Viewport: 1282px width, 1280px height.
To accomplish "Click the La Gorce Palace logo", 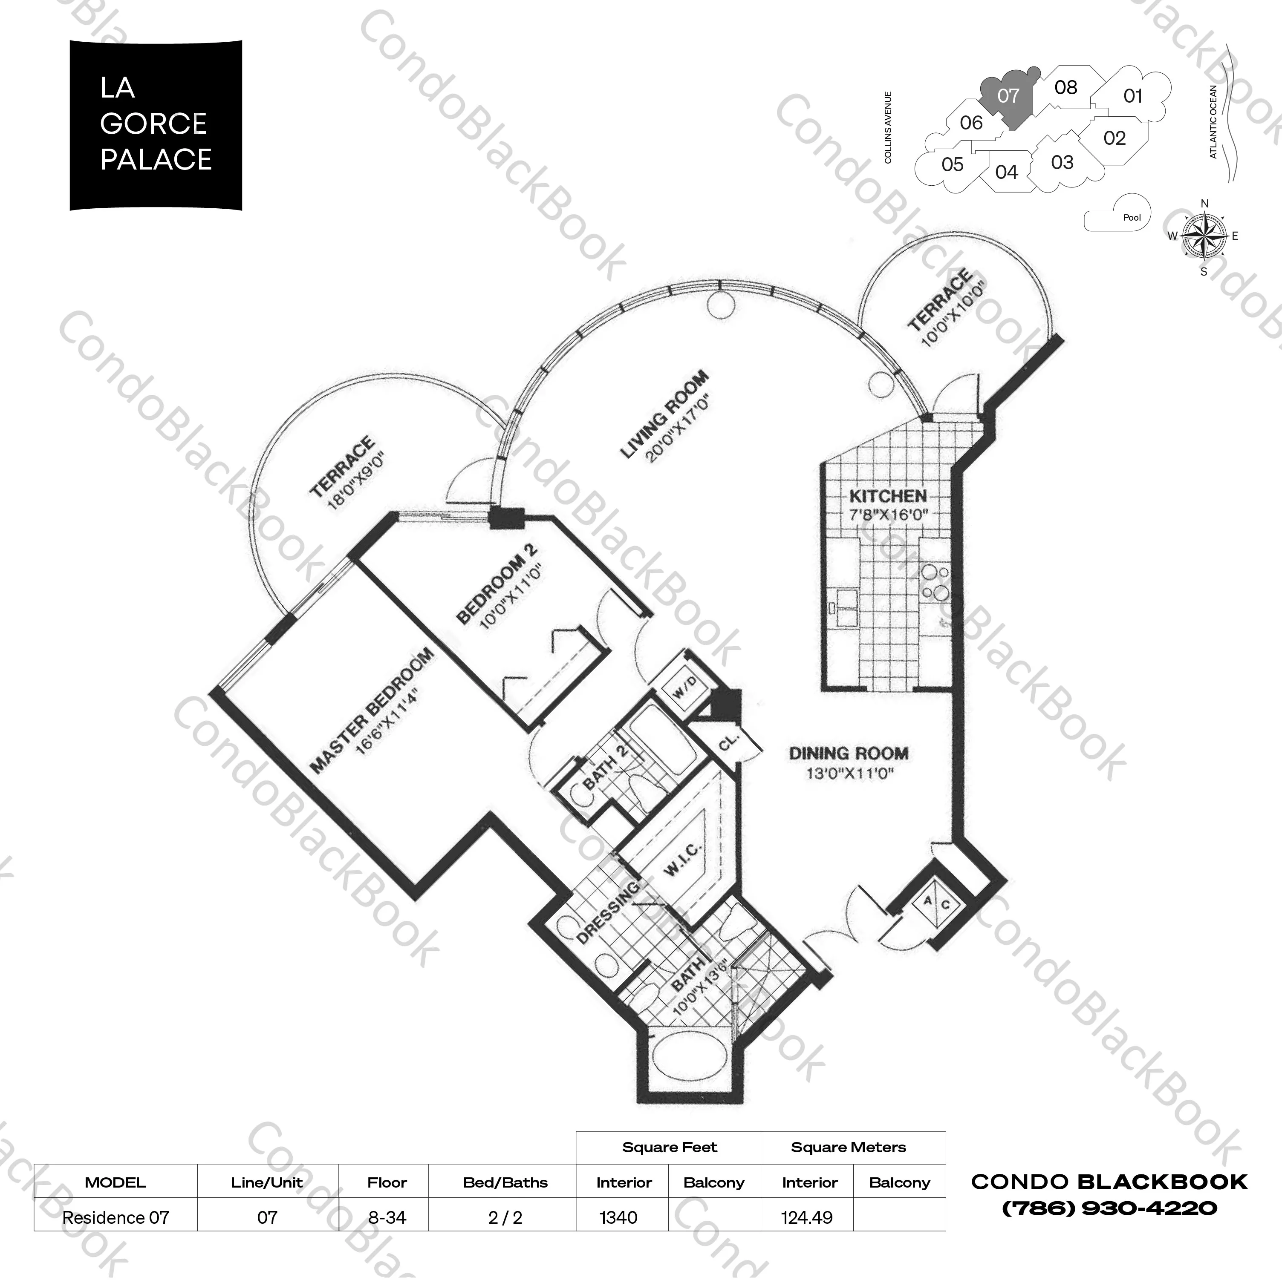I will click(156, 125).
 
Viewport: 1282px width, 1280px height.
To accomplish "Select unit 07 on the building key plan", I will click(1007, 97).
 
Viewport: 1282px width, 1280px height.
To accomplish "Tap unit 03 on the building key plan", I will click(1062, 162).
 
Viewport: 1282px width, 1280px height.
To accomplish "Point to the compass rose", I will click(1204, 236).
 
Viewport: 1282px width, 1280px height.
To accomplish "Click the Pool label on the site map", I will click(1132, 218).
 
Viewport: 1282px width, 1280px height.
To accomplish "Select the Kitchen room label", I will click(888, 495).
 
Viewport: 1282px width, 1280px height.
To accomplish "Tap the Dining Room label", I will click(848, 754).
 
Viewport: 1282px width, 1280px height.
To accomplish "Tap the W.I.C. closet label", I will click(684, 860).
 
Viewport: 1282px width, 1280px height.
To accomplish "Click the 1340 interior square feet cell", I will click(618, 1218).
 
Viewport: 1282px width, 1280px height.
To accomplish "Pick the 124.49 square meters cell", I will click(807, 1218).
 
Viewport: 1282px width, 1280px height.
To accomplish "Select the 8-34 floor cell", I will click(387, 1218).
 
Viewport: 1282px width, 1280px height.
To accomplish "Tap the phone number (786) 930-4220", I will click(1109, 1208).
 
